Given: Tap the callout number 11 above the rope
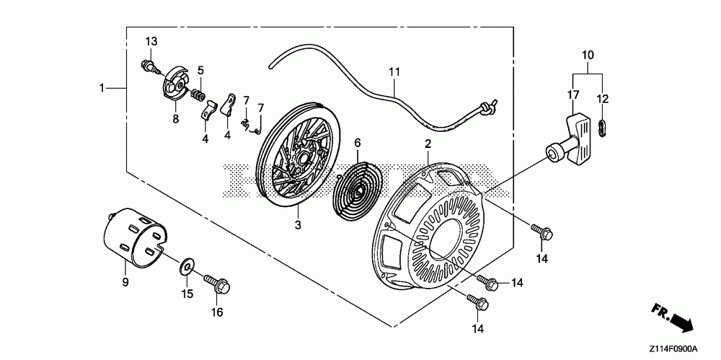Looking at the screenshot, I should click(393, 71).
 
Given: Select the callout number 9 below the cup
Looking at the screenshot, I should click(125, 281).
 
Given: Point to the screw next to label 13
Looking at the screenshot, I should click(149, 68).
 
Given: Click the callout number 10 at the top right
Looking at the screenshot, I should click(588, 54).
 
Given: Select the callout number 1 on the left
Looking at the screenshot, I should click(102, 87).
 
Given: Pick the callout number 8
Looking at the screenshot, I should click(175, 119).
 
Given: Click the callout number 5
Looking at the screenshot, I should click(200, 70).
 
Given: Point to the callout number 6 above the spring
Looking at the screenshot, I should click(356, 143).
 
